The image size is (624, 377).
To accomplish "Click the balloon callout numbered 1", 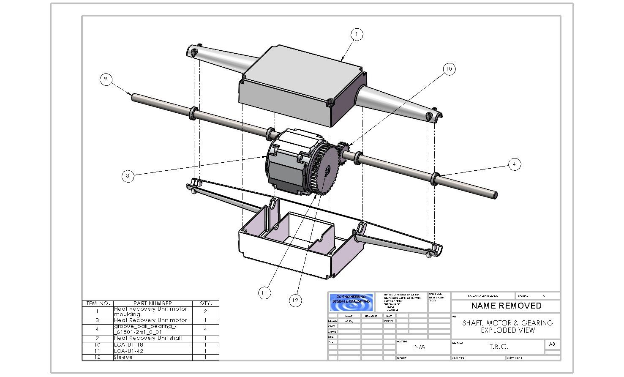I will pyautogui.click(x=357, y=34).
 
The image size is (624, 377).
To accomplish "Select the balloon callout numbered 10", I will pyautogui.click(x=449, y=69).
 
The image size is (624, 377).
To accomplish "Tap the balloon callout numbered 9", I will pyautogui.click(x=106, y=79).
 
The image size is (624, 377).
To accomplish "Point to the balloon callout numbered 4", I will pyautogui.click(x=514, y=164).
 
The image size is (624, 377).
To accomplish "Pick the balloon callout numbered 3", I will pyautogui.click(x=128, y=176).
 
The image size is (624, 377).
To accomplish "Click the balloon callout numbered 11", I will pyautogui.click(x=264, y=292).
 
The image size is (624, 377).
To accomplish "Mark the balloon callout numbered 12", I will pyautogui.click(x=295, y=300).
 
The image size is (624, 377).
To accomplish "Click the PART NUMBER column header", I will pyautogui.click(x=153, y=303).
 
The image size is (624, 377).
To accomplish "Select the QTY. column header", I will pyautogui.click(x=205, y=303).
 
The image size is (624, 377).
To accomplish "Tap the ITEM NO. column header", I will pyautogui.click(x=98, y=303).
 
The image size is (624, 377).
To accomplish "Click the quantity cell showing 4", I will pyautogui.click(x=205, y=329).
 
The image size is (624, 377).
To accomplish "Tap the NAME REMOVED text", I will pyautogui.click(x=506, y=306).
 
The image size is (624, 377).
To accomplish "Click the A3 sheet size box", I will pyautogui.click(x=552, y=344).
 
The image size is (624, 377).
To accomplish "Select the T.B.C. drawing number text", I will pyautogui.click(x=499, y=347).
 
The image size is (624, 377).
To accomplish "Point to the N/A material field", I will pyautogui.click(x=420, y=347).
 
